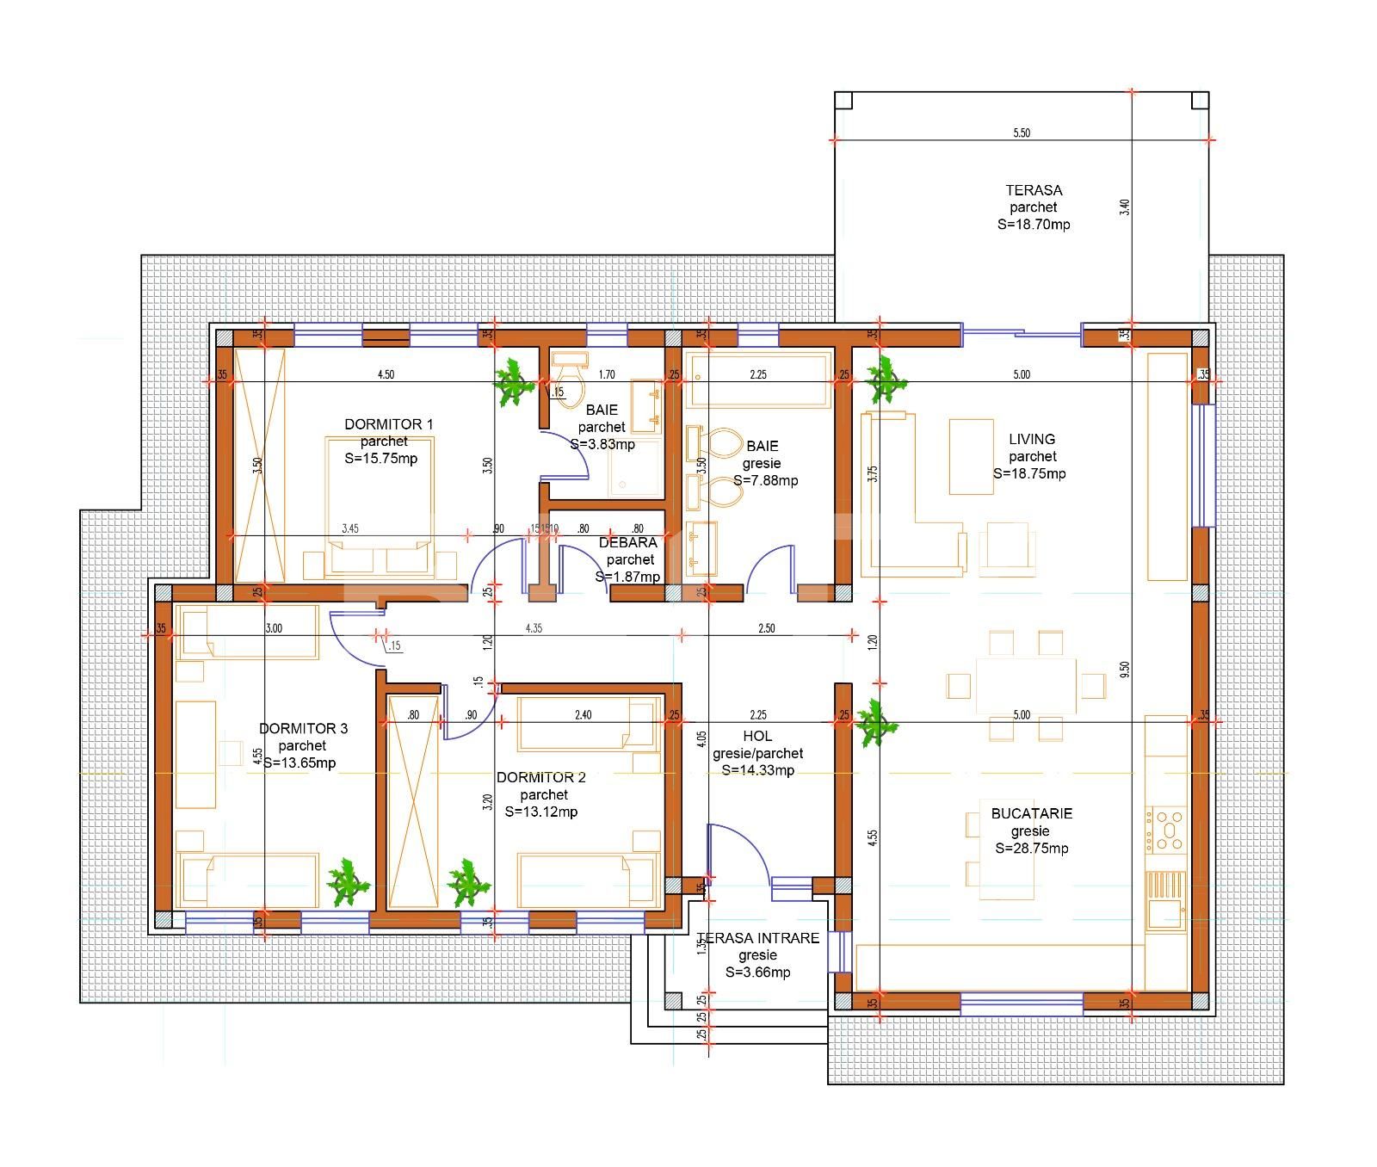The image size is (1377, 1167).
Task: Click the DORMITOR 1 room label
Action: [x=389, y=424]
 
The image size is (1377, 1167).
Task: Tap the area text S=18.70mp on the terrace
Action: [x=1034, y=225]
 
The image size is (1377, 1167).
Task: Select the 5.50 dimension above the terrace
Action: [x=1022, y=133]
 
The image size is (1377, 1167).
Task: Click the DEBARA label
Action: [x=628, y=543]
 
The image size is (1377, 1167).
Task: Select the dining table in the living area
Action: [x=1026, y=686]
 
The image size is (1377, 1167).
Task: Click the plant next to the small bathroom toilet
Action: [x=514, y=381]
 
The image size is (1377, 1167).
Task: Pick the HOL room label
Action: [x=757, y=737]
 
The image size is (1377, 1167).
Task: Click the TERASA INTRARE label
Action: [x=758, y=938]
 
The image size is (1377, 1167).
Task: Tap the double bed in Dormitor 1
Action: [x=379, y=508]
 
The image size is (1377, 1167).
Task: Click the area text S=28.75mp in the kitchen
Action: [x=1031, y=849]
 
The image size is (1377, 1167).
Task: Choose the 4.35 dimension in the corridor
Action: [x=534, y=629]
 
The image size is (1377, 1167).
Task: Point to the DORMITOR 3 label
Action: [x=303, y=729]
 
